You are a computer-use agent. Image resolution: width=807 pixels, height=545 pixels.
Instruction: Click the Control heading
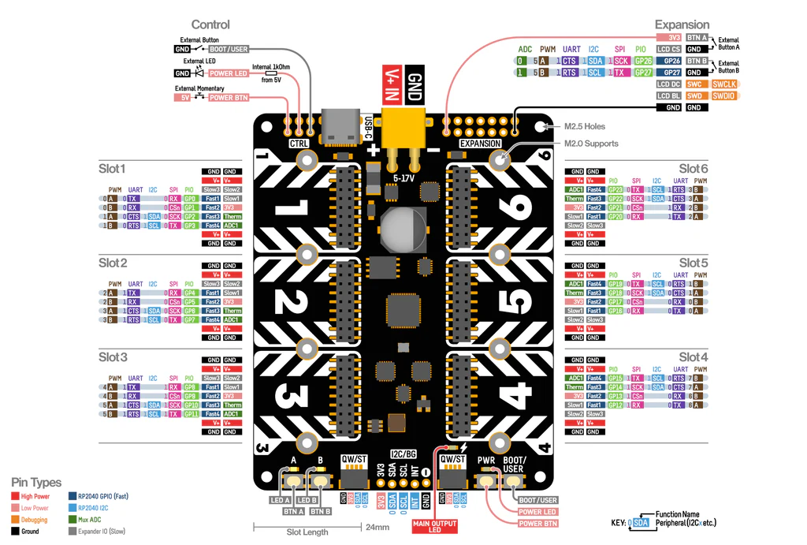[x=210, y=25]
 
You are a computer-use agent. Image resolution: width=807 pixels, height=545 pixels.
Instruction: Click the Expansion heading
[x=682, y=25]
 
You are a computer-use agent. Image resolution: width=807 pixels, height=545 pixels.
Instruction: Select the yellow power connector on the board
[x=402, y=126]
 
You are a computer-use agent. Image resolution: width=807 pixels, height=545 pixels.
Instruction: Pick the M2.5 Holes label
[x=585, y=126]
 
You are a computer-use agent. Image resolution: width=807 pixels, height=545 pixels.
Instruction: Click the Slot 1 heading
[x=112, y=169]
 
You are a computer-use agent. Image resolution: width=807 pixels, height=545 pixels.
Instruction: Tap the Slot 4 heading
[x=694, y=357]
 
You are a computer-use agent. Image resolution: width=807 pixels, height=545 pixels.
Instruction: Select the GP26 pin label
[x=644, y=61]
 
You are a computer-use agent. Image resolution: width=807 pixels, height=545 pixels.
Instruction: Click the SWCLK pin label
[x=723, y=84]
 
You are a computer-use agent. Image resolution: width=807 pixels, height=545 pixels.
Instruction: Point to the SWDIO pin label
[x=723, y=95]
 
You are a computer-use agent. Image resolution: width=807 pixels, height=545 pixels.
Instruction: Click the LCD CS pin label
[x=669, y=49]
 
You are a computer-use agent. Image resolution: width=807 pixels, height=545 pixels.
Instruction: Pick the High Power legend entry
[x=32, y=497]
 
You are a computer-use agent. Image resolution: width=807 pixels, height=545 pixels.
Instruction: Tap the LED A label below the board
[x=281, y=500]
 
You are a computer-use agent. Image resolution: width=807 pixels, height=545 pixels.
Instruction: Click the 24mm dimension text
[x=378, y=528]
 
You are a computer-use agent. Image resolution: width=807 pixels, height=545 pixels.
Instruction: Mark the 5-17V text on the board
[x=404, y=179]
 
